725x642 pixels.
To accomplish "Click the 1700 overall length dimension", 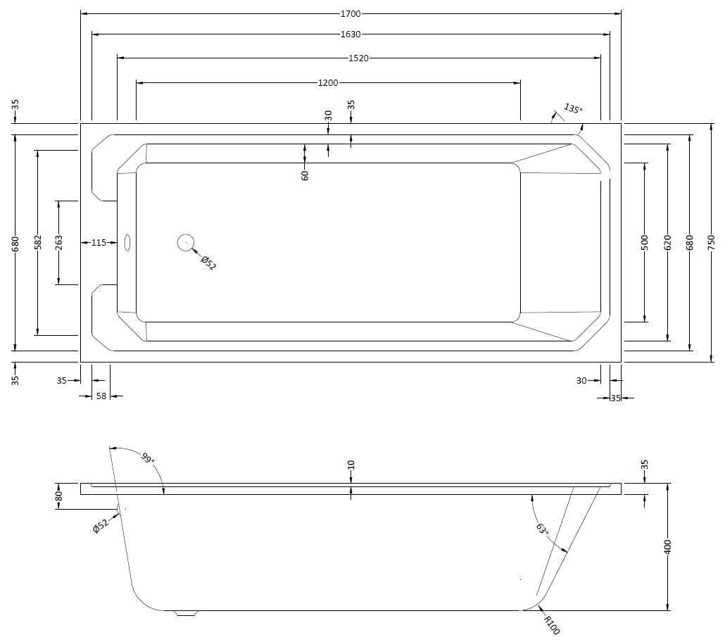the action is click(351, 14).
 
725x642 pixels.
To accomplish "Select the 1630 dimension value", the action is click(351, 34).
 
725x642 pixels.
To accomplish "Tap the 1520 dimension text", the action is click(358, 58).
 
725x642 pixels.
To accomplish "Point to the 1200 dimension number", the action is click(328, 83).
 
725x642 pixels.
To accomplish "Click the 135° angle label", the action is click(573, 108).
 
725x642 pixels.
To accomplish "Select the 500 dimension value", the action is click(645, 242).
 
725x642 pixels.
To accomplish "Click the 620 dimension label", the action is click(667, 242).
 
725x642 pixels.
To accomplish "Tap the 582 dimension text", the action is click(38, 242).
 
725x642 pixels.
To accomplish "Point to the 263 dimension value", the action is click(58, 242).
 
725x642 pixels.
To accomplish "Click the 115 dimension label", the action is click(99, 242).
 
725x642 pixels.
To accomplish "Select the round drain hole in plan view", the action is click(185, 242).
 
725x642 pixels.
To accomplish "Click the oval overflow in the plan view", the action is click(127, 242).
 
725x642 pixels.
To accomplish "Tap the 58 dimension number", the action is click(101, 396).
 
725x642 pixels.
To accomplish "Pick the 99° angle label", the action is click(148, 459).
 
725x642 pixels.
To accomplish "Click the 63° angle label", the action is click(542, 529).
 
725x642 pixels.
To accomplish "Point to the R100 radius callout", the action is click(552, 625).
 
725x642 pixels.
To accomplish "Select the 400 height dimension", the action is click(667, 547).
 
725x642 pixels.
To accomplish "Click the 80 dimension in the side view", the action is click(58, 496).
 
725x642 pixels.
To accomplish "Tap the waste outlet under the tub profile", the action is click(186, 613).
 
